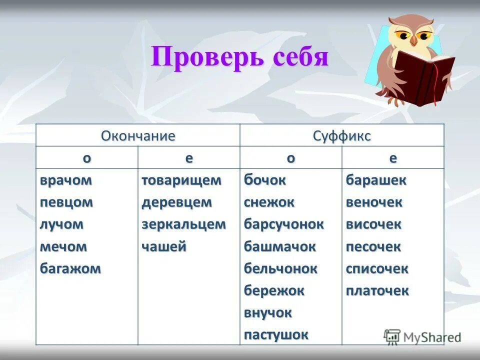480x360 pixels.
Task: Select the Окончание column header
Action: point(138,136)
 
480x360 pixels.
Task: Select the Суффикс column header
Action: point(342,136)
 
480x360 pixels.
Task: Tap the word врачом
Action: point(66,180)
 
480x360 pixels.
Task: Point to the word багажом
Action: point(70,268)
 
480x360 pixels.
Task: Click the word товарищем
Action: point(181,180)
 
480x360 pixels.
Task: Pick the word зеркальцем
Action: point(183,224)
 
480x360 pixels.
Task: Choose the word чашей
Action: point(164,246)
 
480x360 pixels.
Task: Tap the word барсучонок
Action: point(284,224)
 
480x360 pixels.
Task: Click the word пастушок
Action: point(276,334)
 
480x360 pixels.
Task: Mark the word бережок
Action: point(274,290)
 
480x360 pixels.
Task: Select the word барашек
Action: point(376,180)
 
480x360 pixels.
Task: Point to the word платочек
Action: point(377,290)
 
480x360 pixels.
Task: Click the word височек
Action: point(373,224)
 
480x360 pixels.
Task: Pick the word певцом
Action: point(66,202)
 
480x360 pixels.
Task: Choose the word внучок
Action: point(267,312)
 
